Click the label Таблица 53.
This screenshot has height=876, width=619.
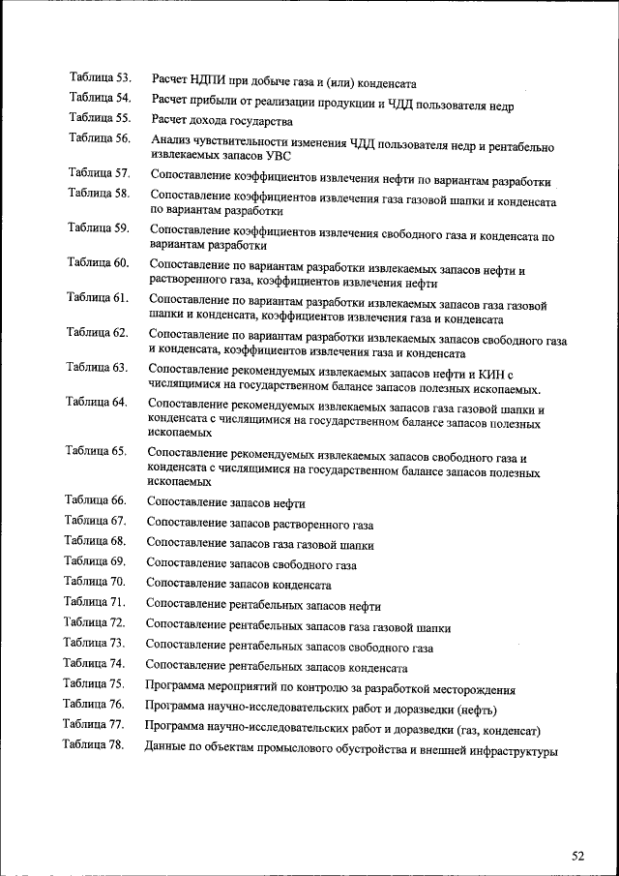click(101, 76)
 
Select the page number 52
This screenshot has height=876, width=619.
click(578, 856)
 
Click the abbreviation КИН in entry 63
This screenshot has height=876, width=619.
click(483, 375)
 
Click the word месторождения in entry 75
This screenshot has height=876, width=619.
click(471, 690)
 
